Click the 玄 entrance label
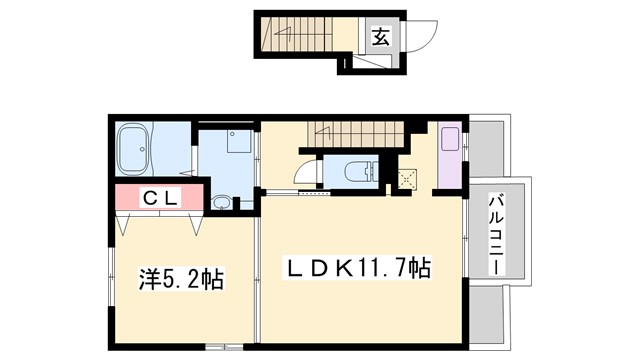coord(382,37)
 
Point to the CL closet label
coord(158,198)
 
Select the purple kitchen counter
coord(450,155)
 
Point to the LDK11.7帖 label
coord(359,268)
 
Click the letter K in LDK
coord(343,268)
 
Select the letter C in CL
coord(148,198)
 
